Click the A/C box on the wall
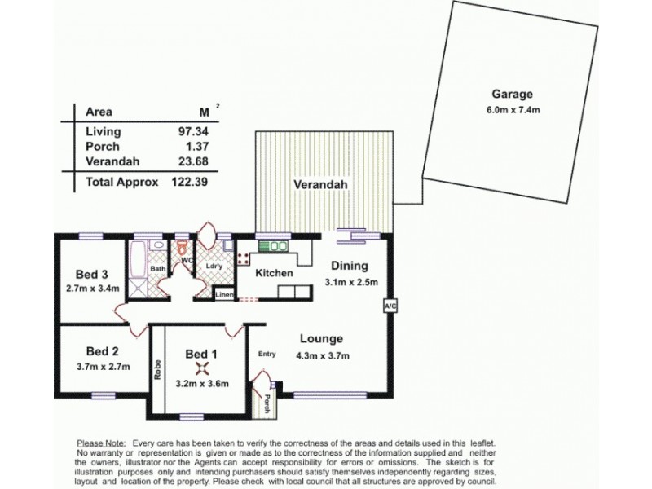(389, 306)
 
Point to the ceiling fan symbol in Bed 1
(201, 368)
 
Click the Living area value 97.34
(193, 131)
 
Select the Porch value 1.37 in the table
(196, 146)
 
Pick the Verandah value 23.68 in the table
(193, 161)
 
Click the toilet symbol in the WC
(183, 247)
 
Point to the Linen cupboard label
(225, 294)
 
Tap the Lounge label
(321, 339)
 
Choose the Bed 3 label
(91, 273)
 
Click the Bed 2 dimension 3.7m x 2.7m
(97, 368)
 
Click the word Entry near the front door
(267, 354)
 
